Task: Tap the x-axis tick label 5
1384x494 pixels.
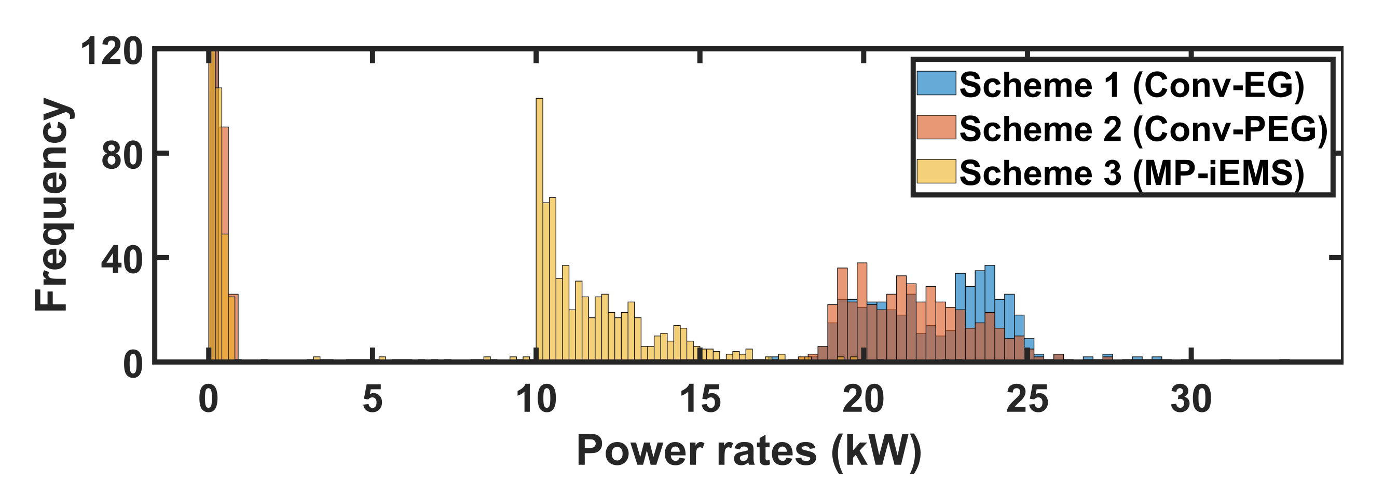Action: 372,400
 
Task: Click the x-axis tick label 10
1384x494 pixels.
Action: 536,400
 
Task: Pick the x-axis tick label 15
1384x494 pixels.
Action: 700,400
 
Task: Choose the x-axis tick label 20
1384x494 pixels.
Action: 864,400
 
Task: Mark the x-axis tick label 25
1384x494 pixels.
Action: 1027,400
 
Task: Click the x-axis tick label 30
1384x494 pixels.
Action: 1191,400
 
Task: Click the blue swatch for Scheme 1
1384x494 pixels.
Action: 936,83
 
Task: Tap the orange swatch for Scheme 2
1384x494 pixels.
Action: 936,127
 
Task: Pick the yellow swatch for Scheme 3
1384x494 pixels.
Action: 936,171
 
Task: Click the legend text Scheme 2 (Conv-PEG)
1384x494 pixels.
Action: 1143,129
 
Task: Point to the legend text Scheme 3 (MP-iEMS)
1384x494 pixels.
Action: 1131,173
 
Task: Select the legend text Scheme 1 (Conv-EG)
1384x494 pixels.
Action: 1131,85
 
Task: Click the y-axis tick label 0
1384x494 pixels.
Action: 133,365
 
